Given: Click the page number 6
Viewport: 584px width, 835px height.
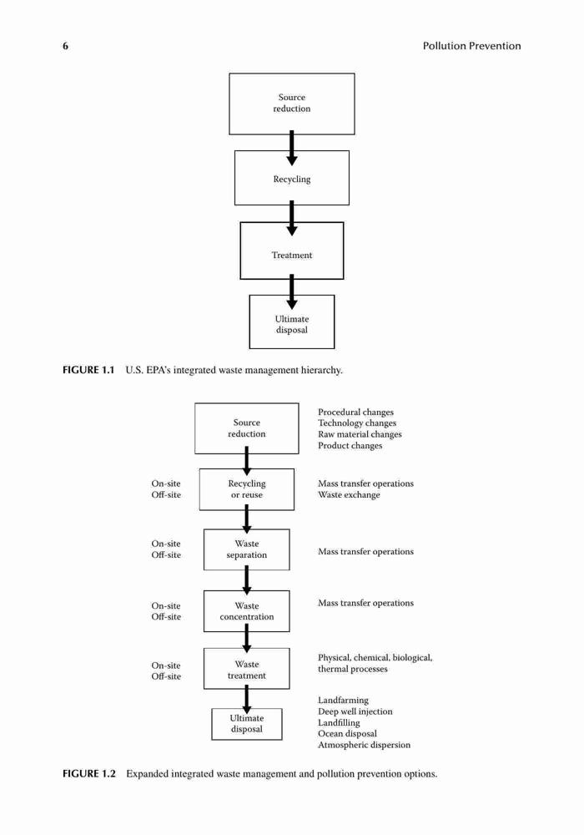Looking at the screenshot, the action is click(65, 46).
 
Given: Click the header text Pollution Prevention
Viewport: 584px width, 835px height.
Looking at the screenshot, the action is click(471, 46).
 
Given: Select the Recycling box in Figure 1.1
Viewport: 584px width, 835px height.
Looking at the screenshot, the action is click(292, 178).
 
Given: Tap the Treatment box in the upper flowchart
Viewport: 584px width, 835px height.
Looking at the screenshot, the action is click(292, 250).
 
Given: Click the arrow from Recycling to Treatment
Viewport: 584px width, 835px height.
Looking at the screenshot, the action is click(291, 218).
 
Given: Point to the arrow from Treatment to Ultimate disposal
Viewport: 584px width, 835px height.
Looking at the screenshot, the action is click(291, 291).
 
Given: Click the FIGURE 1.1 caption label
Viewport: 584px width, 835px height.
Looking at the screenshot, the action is click(88, 370).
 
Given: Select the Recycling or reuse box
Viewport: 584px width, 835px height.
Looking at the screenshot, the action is click(247, 489).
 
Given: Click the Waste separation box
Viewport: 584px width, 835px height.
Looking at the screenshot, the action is click(247, 549).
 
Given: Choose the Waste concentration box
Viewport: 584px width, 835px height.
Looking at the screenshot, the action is click(247, 611).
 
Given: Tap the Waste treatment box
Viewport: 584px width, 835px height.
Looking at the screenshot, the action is click(247, 669).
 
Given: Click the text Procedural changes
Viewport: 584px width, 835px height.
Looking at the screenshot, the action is click(356, 412).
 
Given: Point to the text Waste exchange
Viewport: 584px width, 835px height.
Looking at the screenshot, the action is click(349, 494).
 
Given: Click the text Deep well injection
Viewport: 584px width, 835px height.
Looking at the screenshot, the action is click(355, 711).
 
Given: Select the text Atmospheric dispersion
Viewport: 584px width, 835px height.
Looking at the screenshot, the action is click(365, 745).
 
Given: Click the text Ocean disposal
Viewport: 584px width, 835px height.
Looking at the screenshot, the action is click(347, 734).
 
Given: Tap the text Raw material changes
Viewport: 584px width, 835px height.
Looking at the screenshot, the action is click(360, 434).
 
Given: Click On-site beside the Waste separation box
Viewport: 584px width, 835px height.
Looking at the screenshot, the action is click(166, 544).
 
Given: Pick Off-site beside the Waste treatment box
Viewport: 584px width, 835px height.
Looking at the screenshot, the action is click(166, 676).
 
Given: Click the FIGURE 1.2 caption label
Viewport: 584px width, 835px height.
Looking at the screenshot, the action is click(88, 774).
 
